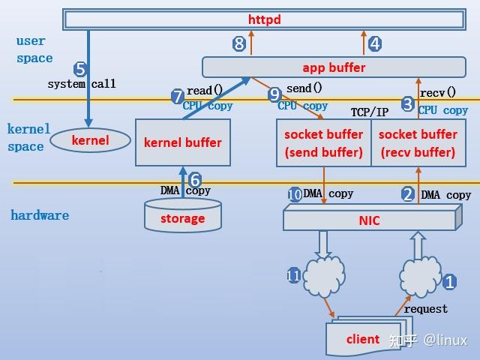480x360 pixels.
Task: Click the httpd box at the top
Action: (x=264, y=19)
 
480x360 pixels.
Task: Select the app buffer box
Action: (x=334, y=67)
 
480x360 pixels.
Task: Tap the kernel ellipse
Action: (x=90, y=140)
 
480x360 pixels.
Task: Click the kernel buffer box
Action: (x=182, y=142)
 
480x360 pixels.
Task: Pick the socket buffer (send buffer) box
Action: (x=323, y=143)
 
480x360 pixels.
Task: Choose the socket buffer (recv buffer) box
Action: (x=418, y=143)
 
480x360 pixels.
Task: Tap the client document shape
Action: (x=363, y=339)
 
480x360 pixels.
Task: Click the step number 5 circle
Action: (x=80, y=69)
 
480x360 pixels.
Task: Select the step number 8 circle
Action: (x=239, y=43)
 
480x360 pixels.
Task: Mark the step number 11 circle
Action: (x=293, y=276)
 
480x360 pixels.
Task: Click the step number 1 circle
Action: (x=449, y=283)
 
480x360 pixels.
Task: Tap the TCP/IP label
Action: (x=370, y=112)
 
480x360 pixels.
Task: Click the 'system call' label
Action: (x=82, y=85)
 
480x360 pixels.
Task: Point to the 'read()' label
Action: (x=204, y=91)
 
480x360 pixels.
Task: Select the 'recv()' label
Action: (x=438, y=93)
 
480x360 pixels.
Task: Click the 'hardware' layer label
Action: (x=40, y=215)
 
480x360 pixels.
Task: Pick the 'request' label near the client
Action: (x=425, y=309)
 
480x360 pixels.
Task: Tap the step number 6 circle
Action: (x=195, y=180)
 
